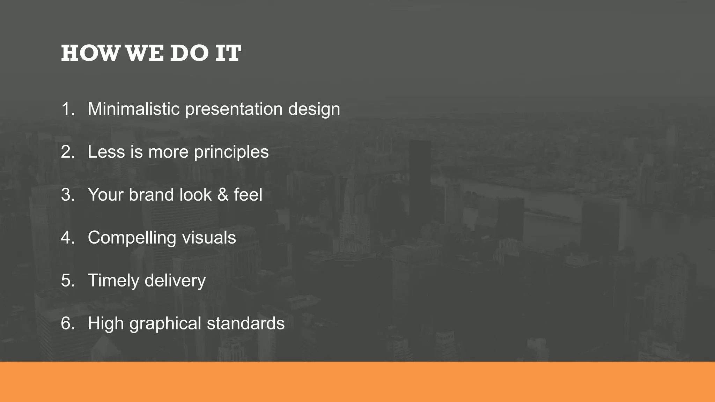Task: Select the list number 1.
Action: pos(66,109)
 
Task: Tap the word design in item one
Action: pos(314,110)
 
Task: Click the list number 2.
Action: pos(67,152)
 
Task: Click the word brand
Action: pos(151,195)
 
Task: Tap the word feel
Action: pos(248,195)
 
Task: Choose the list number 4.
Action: pos(67,238)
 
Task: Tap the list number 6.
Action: pos(67,323)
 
